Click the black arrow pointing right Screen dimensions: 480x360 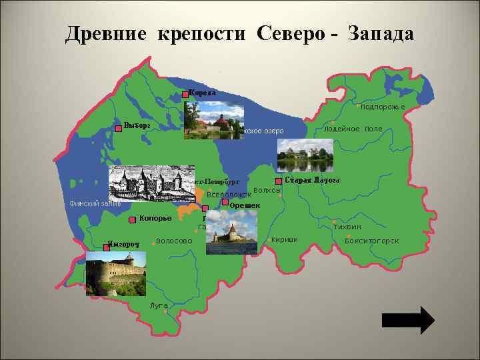[407, 320]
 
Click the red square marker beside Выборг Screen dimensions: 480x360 [119, 128]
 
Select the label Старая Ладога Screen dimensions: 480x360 [313, 181]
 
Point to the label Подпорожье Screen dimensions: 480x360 [383, 107]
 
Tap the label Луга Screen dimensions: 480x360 [159, 305]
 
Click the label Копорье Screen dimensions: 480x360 [155, 218]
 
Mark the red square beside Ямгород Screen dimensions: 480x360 [107, 247]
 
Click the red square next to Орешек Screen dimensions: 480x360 [225, 202]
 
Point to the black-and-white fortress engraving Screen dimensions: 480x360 [152, 183]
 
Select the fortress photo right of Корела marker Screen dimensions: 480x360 [215, 121]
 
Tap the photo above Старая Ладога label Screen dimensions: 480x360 [305, 155]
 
